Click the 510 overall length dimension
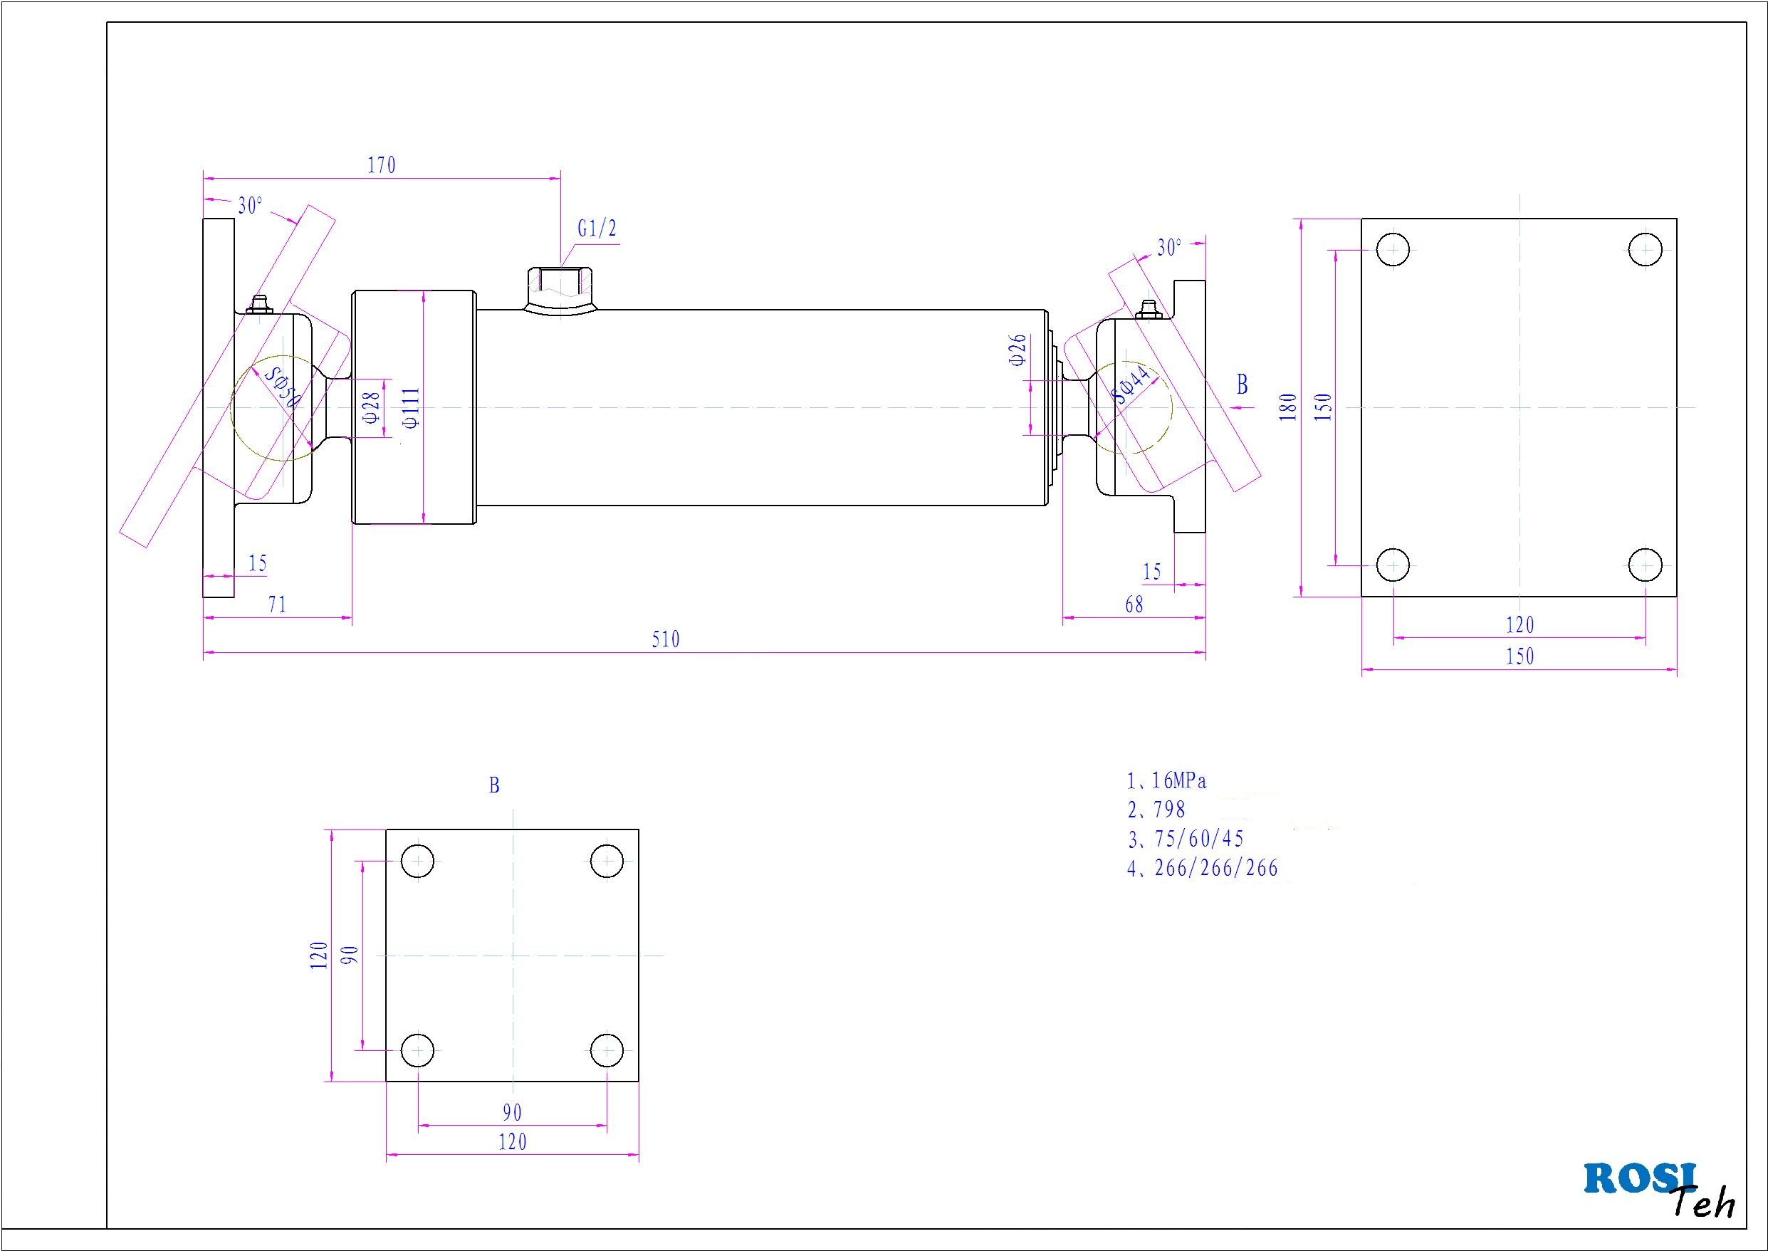(666, 639)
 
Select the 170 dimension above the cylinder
(382, 166)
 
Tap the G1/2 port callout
(597, 229)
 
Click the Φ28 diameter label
(371, 407)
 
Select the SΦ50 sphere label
(282, 387)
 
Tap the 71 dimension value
(277, 604)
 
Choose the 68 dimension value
(1134, 604)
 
